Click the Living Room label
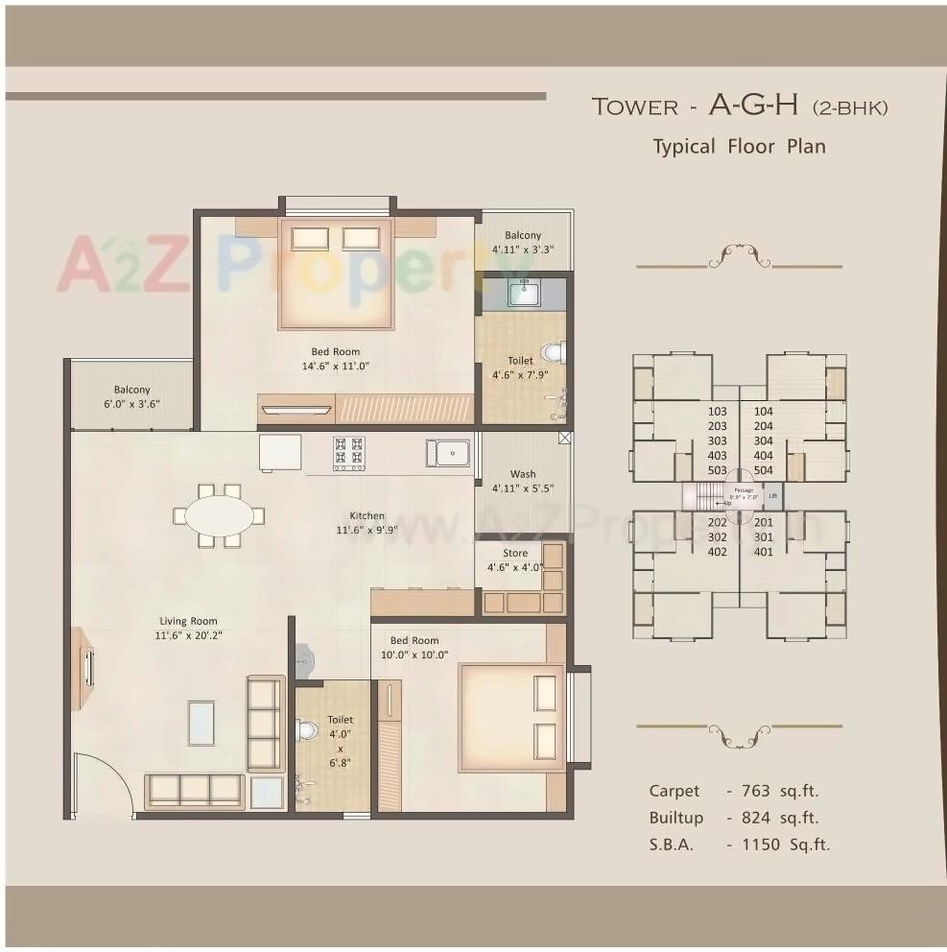tap(189, 621)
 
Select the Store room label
tap(515, 554)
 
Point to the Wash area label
tap(523, 474)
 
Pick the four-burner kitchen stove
tap(348, 453)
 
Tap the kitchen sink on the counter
tap(447, 452)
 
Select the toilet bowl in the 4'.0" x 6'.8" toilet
tap(306, 731)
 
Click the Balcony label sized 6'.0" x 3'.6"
tap(131, 390)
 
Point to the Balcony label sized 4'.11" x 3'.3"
tap(523, 235)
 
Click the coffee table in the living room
tap(201, 723)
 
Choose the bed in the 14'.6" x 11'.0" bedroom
tap(335, 274)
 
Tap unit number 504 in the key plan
tap(764, 470)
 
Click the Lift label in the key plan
tap(772, 496)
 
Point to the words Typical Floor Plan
tap(739, 147)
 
